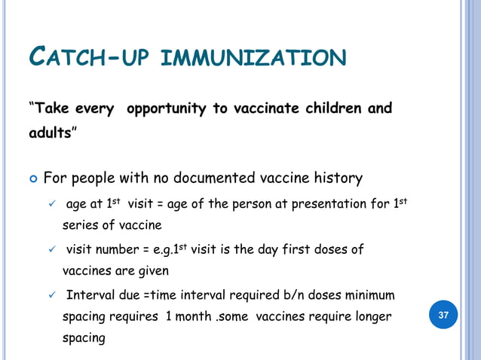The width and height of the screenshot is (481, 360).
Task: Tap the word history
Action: coord(336,178)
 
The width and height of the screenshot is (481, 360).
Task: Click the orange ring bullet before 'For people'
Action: coord(32,180)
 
